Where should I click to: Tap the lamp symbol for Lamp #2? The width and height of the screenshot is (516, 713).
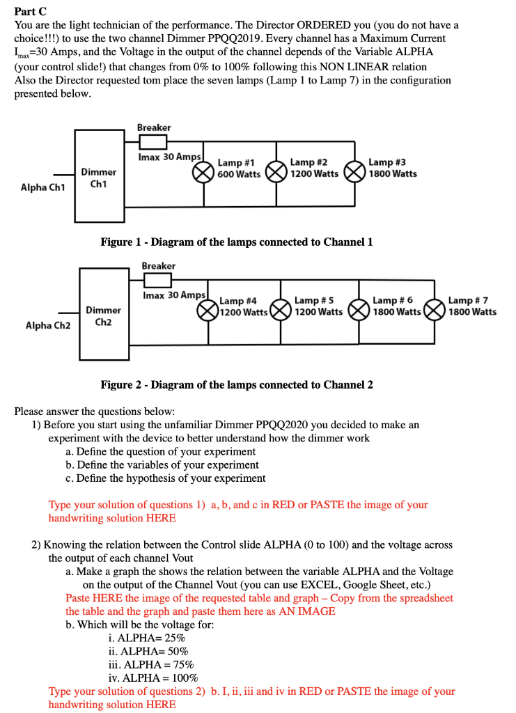(x=276, y=173)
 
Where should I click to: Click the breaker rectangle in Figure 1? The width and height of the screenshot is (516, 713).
(x=153, y=142)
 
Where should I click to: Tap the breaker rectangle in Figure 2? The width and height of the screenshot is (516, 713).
(x=158, y=280)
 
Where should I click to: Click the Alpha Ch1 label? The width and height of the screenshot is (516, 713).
(x=43, y=187)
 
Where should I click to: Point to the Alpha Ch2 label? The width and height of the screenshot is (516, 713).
(x=48, y=324)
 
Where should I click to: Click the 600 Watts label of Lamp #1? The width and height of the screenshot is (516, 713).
(x=239, y=174)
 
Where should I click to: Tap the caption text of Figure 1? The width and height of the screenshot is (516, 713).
(x=237, y=242)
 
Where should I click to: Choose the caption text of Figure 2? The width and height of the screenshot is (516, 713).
(x=237, y=384)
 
